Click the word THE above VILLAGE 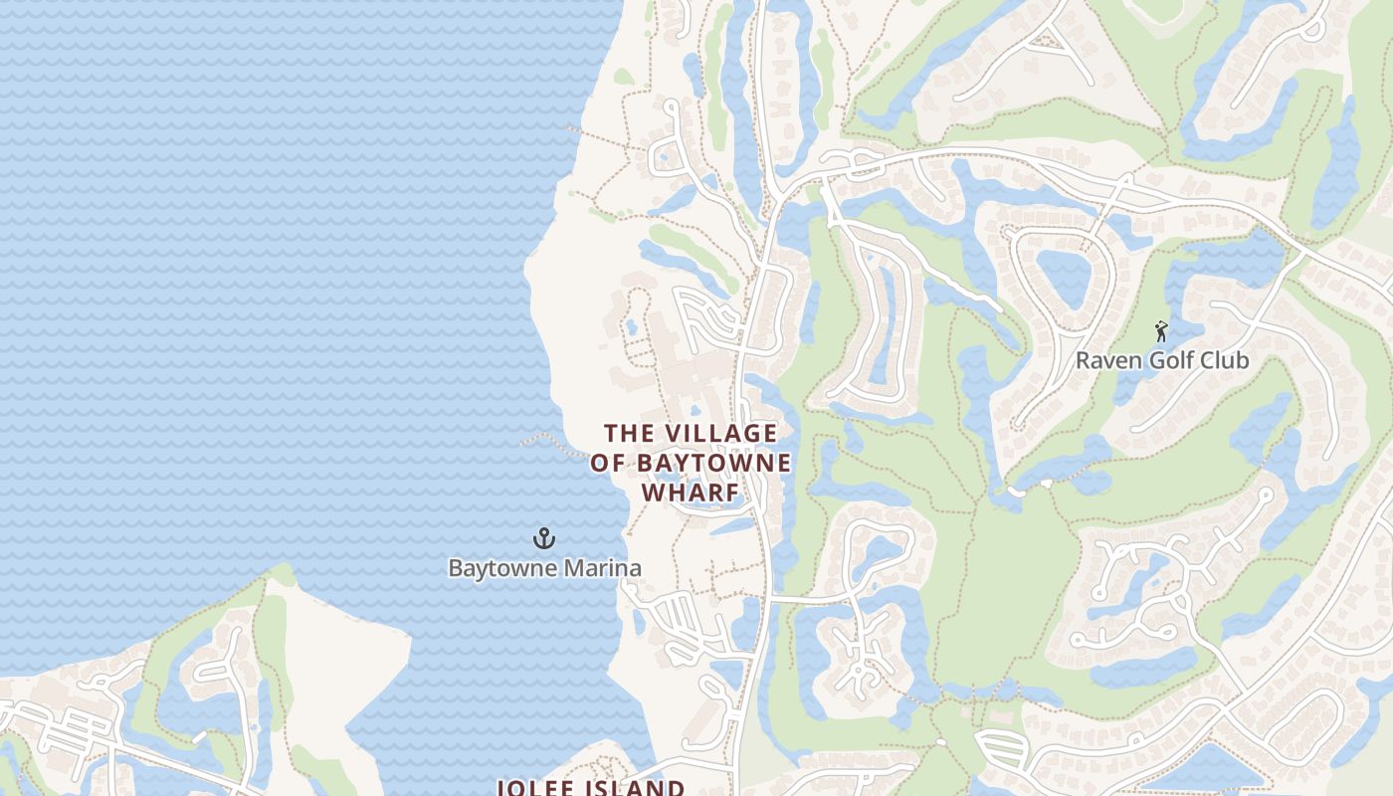[631, 434]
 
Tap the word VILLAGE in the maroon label [720, 434]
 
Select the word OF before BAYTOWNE [609, 464]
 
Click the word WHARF [691, 494]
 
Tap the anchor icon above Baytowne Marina [543, 539]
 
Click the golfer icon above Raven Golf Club [1161, 331]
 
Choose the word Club [1226, 360]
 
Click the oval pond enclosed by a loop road [1062, 277]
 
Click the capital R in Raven [1084, 360]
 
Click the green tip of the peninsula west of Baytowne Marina [283, 574]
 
